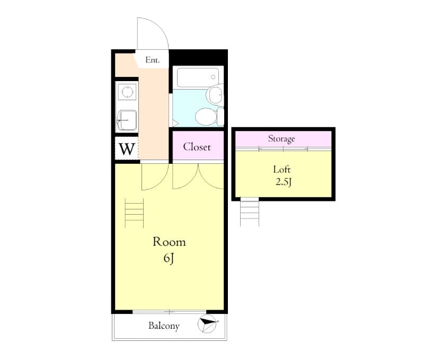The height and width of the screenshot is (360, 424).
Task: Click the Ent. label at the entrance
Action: click(x=152, y=60)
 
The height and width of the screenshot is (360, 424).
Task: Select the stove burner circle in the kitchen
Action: click(x=127, y=92)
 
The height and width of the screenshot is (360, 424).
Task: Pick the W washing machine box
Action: click(x=126, y=148)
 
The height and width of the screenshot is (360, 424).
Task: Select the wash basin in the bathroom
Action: click(x=215, y=95)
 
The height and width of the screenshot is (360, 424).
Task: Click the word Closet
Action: click(x=197, y=147)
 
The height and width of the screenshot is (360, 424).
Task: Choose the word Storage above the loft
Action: click(x=281, y=139)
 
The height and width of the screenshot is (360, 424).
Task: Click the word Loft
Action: click(x=282, y=170)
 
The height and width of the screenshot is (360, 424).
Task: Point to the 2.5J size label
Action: click(x=283, y=183)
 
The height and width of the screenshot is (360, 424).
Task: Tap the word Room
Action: click(x=169, y=242)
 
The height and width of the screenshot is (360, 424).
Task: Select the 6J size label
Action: click(x=169, y=259)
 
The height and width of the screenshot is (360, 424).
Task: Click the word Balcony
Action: click(x=163, y=326)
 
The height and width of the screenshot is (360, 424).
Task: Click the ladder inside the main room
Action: click(x=134, y=213)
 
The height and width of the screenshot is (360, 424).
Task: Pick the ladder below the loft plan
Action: click(x=249, y=212)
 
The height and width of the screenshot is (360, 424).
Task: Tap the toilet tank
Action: click(x=220, y=116)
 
